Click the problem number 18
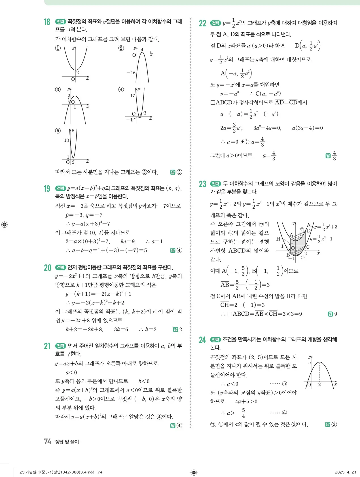click(x=47, y=22)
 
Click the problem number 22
click(x=202, y=23)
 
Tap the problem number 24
click(x=202, y=340)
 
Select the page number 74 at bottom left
click(x=47, y=441)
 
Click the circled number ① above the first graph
click(x=58, y=48)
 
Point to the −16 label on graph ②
click(x=131, y=73)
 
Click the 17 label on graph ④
click(x=132, y=96)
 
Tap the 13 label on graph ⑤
click(x=66, y=140)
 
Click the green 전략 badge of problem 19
click(x=60, y=188)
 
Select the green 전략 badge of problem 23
click(x=215, y=184)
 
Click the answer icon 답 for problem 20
click(x=175, y=329)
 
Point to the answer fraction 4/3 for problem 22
click(x=334, y=156)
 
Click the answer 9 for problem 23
click(x=336, y=314)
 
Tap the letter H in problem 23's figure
click(x=278, y=239)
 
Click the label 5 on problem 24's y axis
click(x=310, y=362)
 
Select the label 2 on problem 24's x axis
click(x=319, y=384)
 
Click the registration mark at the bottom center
click(x=194, y=472)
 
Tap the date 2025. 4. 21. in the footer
click(x=346, y=472)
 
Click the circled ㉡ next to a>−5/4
click(x=285, y=413)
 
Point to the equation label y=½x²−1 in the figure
click(x=321, y=239)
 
